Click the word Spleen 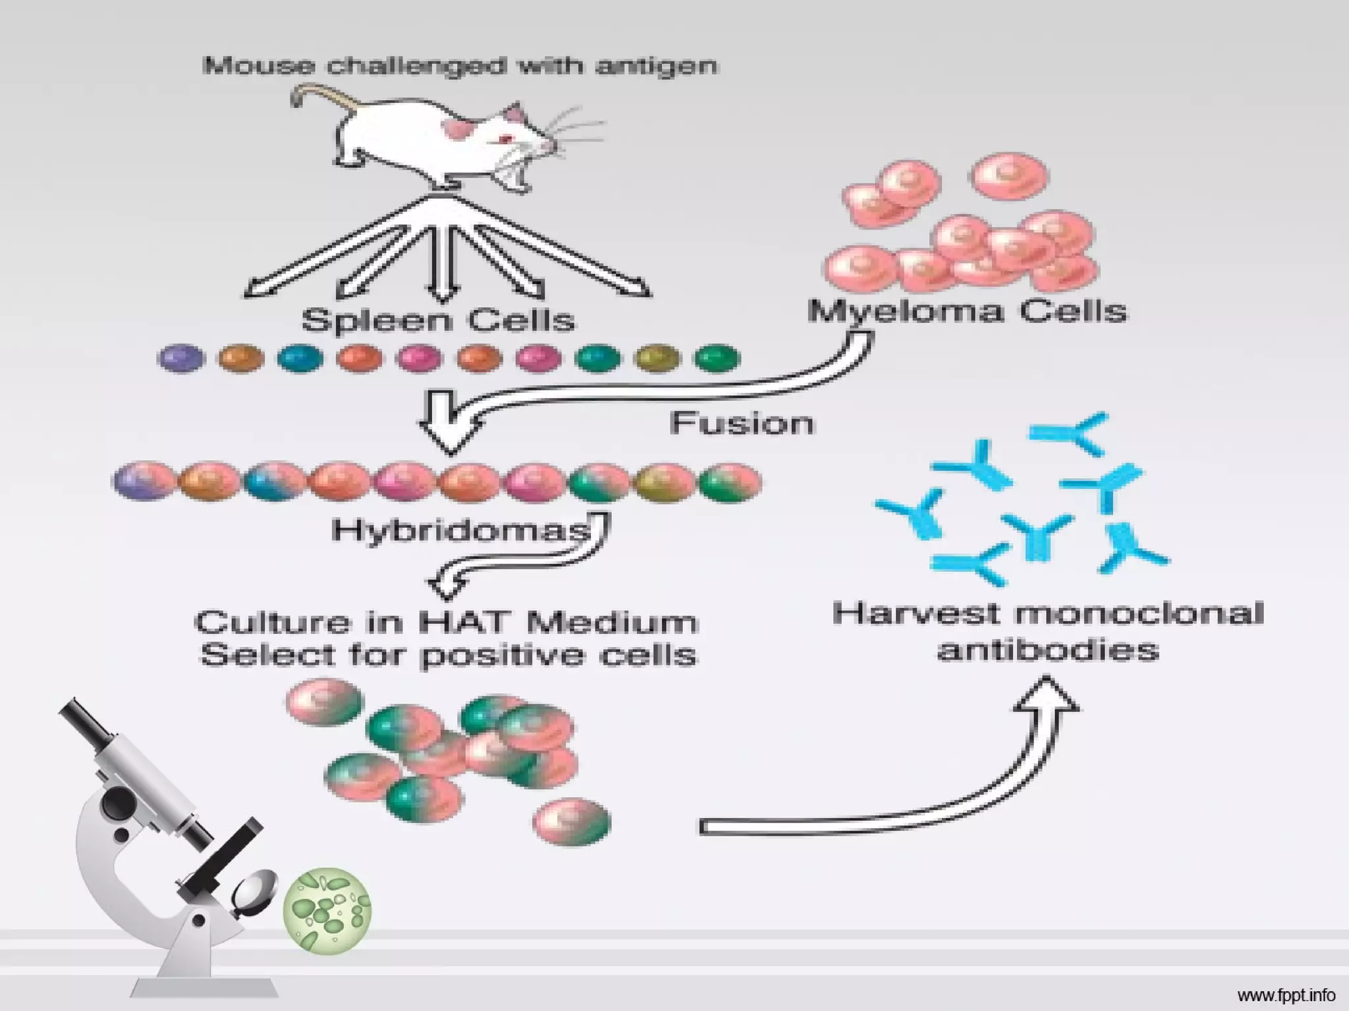376,321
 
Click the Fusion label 742,423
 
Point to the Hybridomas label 461,530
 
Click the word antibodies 1047,650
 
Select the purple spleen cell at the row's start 181,359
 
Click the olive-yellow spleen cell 657,359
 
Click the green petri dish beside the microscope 327,911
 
